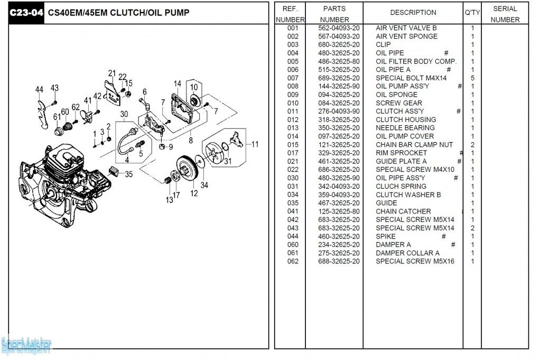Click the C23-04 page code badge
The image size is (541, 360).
tap(26, 13)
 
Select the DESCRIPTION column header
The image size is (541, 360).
tap(413, 12)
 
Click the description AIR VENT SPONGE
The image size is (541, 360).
tap(406, 36)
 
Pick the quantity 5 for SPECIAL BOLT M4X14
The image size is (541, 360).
tap(472, 78)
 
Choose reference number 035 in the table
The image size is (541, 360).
tap(293, 203)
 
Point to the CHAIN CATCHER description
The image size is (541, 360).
tap(403, 211)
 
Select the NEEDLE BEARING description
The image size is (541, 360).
tap(405, 128)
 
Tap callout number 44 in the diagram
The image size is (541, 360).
tap(39, 90)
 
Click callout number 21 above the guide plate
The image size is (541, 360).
tap(111, 73)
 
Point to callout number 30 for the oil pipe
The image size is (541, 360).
tap(124, 114)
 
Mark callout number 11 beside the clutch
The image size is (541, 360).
tap(255, 144)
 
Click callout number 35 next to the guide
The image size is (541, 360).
tap(129, 174)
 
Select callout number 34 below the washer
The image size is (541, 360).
tap(204, 185)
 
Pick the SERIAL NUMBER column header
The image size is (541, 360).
tap(505, 14)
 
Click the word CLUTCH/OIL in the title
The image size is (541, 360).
tap(131, 13)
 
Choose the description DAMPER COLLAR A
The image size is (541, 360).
tap(407, 253)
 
